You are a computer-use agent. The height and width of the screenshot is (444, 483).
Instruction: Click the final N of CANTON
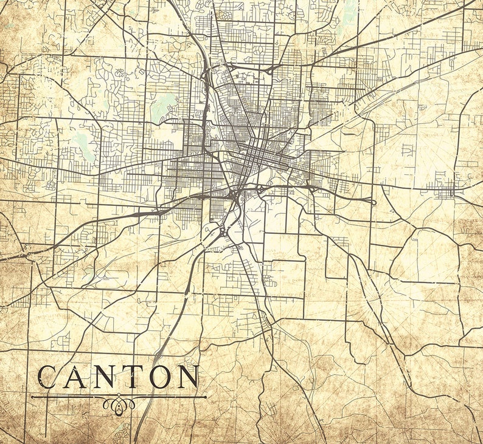187,377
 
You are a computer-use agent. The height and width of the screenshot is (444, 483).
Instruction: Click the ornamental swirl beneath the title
119,403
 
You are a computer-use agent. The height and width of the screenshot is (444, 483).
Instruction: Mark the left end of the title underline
32,397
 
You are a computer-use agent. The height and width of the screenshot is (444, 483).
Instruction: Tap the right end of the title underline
206,397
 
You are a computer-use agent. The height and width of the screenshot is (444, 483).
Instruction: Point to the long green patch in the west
86,146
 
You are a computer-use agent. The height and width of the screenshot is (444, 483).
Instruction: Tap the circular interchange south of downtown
217,230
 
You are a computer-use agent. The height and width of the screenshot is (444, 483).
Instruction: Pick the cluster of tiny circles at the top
226,15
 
